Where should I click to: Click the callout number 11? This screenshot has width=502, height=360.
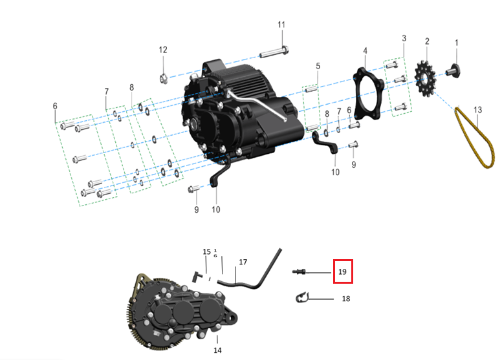(281, 25)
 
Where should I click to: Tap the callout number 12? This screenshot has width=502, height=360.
(163, 50)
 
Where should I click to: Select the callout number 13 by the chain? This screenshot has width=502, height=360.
(477, 110)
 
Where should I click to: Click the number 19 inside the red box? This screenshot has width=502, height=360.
(343, 271)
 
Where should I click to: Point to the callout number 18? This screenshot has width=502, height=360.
(345, 299)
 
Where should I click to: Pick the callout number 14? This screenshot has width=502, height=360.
(217, 350)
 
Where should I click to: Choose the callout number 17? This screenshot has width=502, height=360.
(243, 262)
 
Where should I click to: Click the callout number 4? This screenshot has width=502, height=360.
(365, 50)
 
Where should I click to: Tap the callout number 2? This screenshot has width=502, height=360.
(427, 41)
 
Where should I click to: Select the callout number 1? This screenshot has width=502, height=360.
(457, 43)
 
